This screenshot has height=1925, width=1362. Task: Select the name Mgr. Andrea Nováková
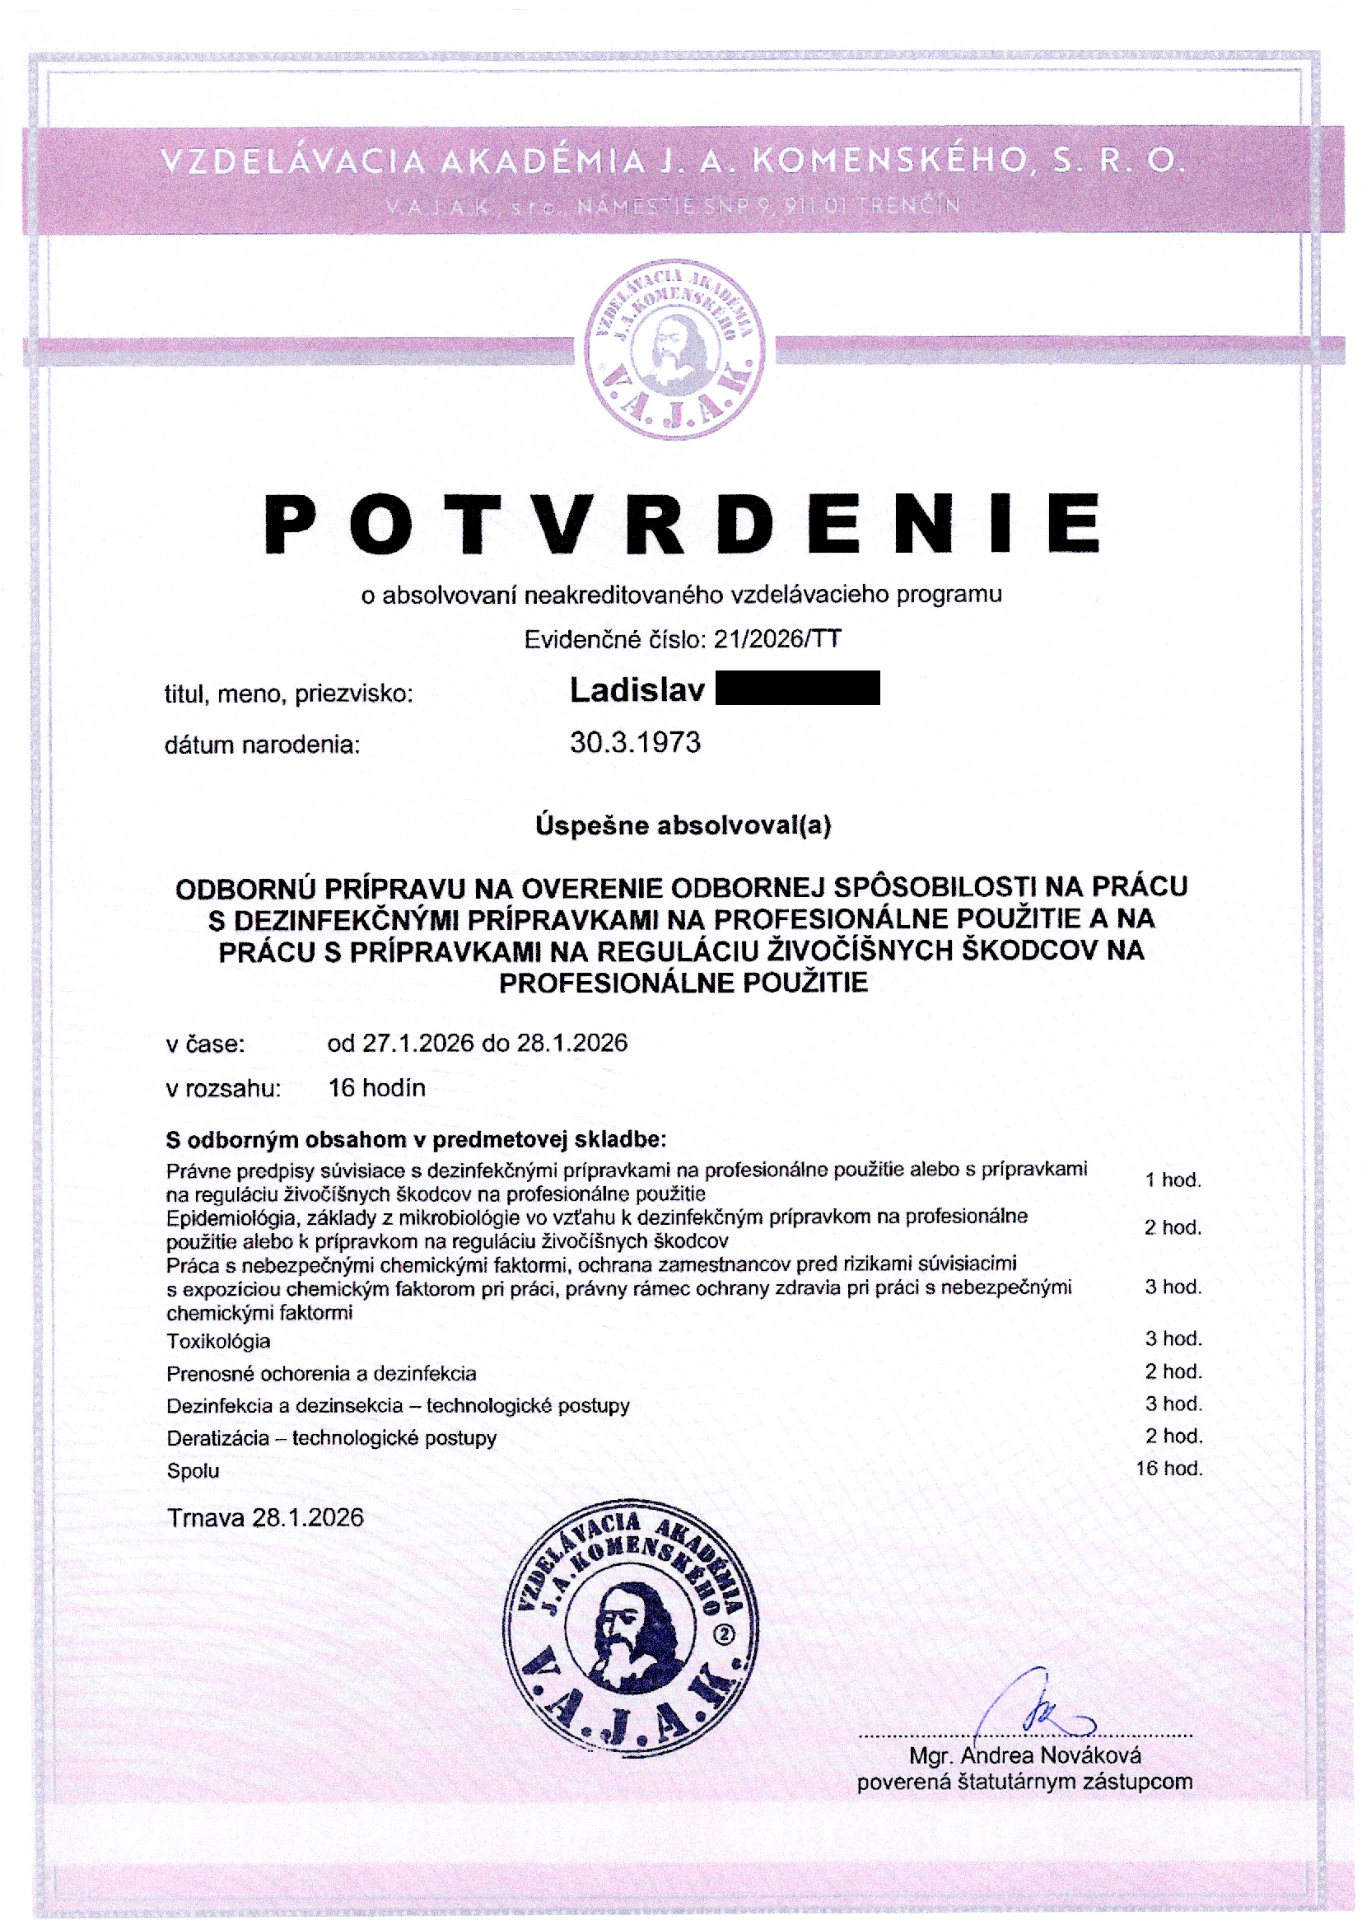(x=1025, y=1755)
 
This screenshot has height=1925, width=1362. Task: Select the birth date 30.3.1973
(x=635, y=742)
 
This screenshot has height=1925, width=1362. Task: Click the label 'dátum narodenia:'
(x=262, y=745)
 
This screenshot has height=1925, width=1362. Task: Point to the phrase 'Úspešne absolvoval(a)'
(x=683, y=826)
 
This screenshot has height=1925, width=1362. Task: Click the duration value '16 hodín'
(x=376, y=1088)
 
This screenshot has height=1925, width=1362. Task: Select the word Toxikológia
(x=218, y=1341)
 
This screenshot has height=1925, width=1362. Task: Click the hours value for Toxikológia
(x=1173, y=1339)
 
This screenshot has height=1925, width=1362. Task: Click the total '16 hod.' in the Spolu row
(x=1169, y=1468)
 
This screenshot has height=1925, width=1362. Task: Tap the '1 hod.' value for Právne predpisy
(x=1173, y=1180)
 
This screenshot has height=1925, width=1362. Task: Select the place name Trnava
(x=207, y=1517)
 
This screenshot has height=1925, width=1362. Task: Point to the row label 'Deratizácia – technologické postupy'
(x=331, y=1437)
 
